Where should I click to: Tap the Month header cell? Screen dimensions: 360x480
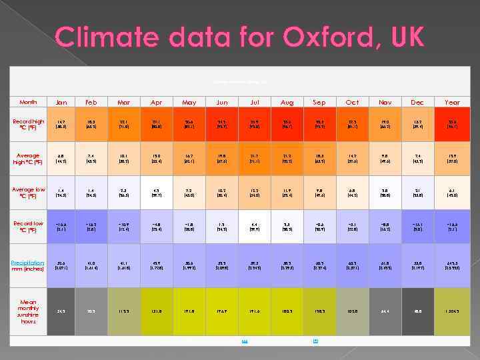[x=29, y=102]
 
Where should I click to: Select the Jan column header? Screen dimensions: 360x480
[x=61, y=102]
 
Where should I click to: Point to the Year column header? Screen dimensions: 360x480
[x=451, y=102]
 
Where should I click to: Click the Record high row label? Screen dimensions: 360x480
[x=29, y=125]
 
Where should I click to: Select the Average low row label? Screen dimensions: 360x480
[x=29, y=193]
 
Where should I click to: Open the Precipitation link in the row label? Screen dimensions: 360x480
[x=27, y=263]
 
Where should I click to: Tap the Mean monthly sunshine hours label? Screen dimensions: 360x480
[x=29, y=311]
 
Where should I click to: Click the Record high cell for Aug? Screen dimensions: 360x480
[x=287, y=125]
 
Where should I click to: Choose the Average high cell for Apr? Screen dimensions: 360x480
[x=157, y=159]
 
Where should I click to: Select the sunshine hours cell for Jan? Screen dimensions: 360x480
[x=61, y=311]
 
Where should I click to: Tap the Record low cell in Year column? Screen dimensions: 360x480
[x=451, y=227]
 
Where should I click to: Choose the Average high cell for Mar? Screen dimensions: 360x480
[x=124, y=159]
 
